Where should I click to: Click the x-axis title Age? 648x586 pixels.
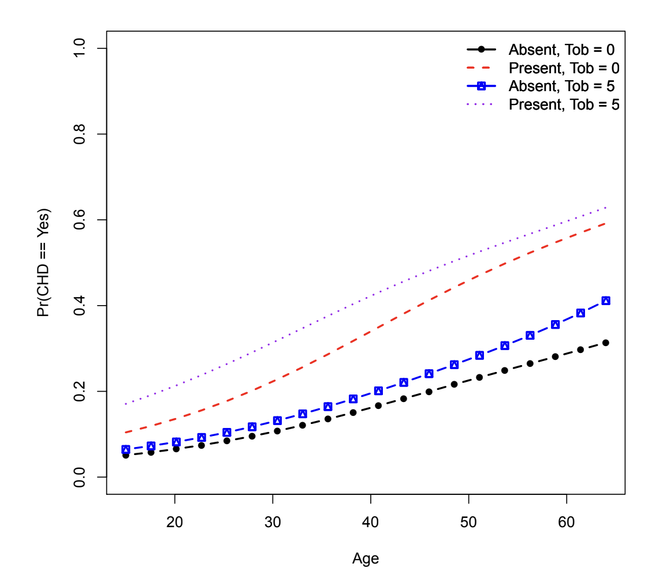point(366,558)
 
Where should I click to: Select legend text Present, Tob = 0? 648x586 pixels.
point(564,67)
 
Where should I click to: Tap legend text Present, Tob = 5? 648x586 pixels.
point(564,104)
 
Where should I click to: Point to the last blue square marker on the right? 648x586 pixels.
point(605,300)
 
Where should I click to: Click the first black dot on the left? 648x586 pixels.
point(125,455)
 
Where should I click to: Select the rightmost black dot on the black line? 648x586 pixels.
point(605,343)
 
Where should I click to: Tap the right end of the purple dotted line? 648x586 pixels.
point(605,207)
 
